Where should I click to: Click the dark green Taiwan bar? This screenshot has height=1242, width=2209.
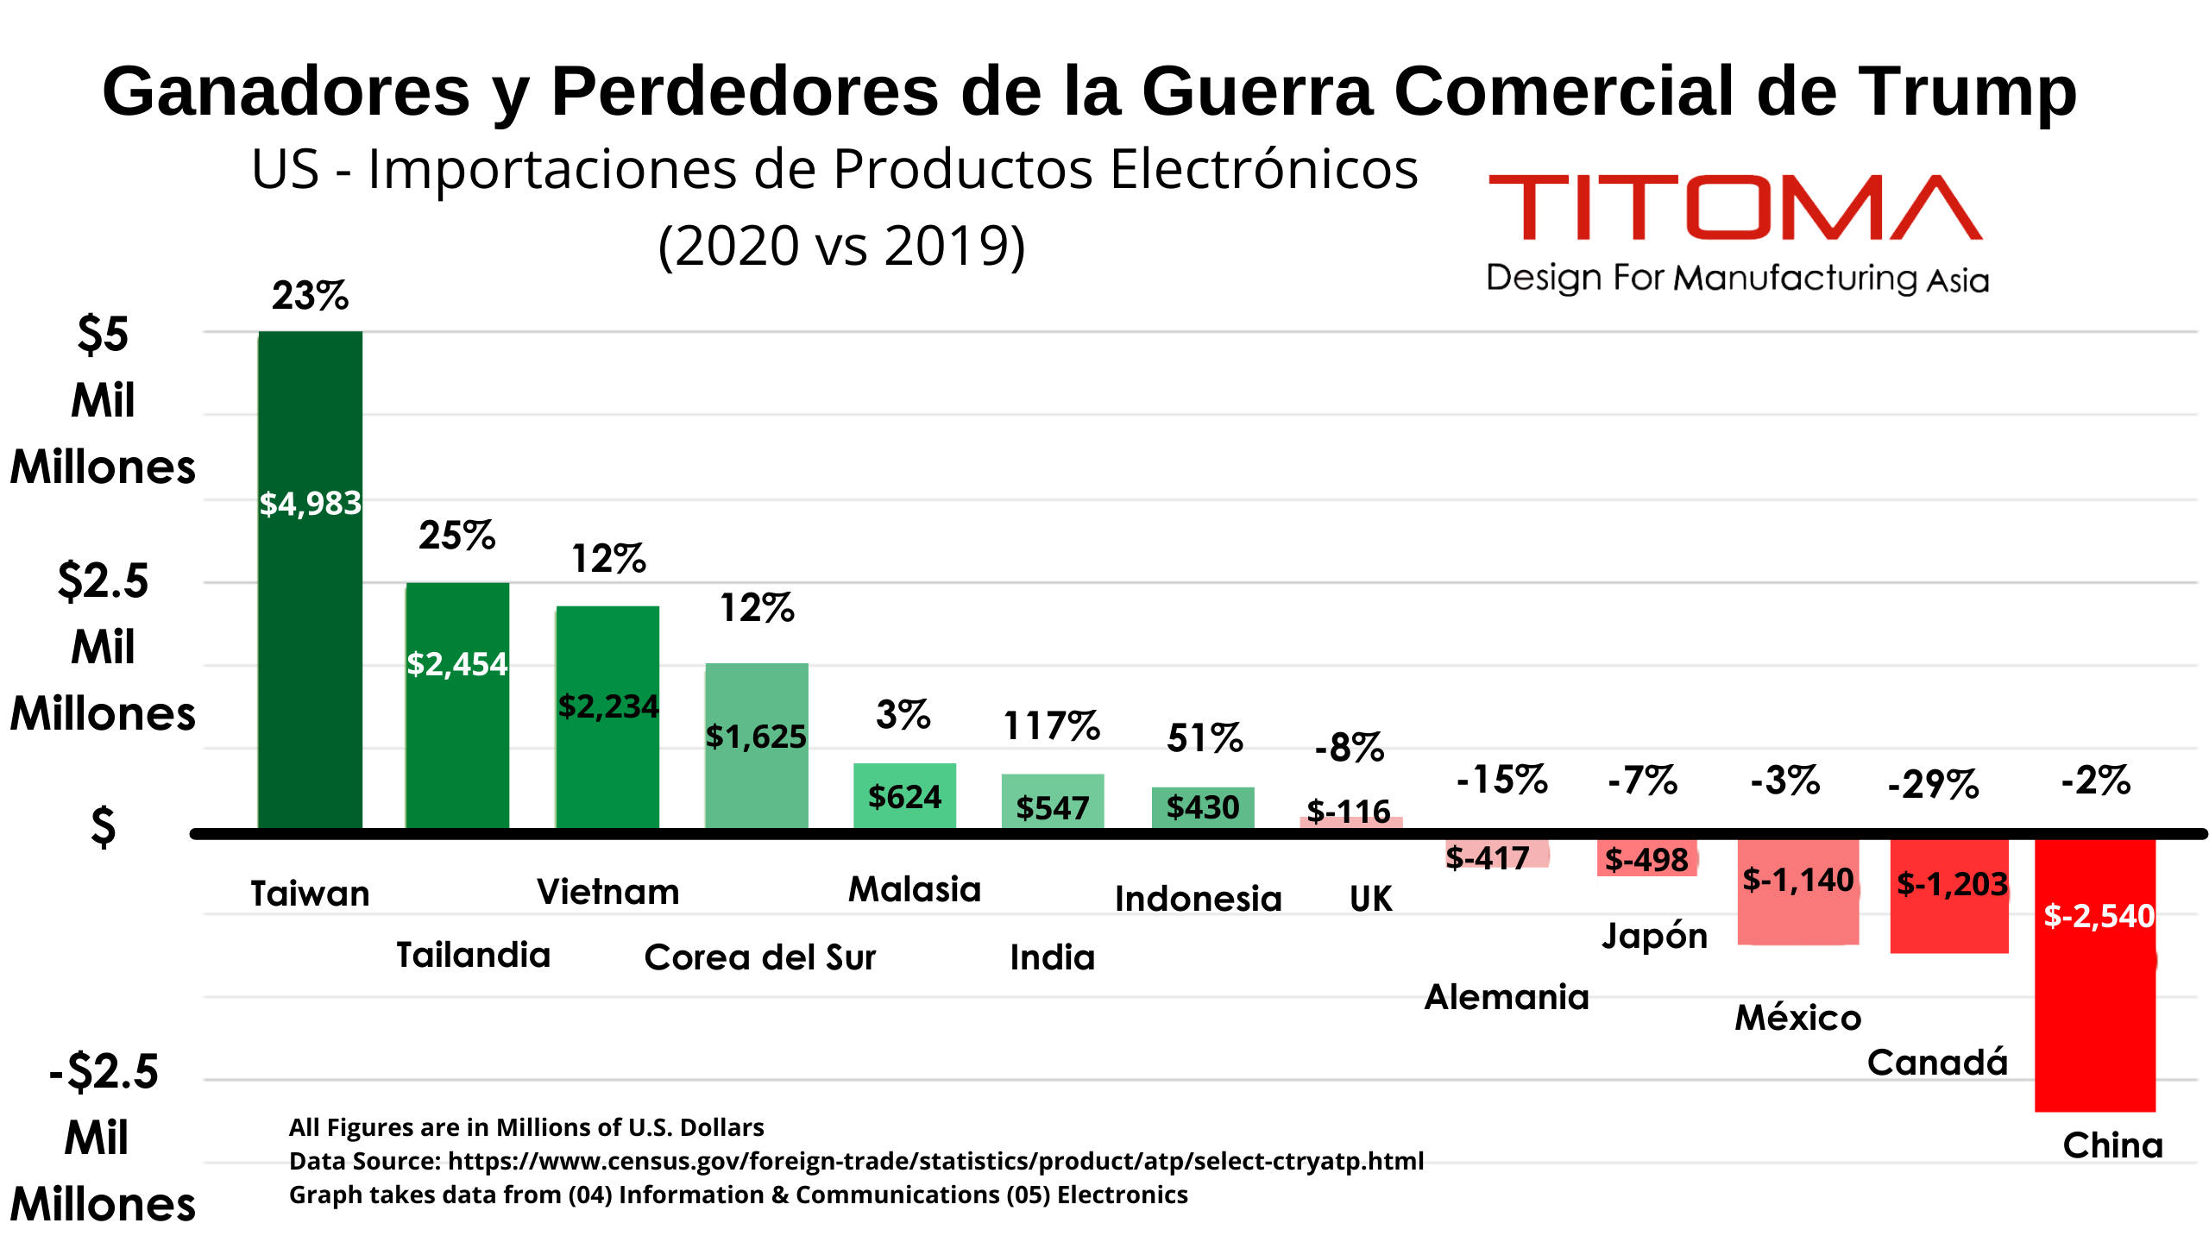[310, 604]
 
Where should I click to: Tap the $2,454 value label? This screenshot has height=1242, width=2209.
[456, 664]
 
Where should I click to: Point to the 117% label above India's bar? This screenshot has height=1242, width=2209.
[1051, 726]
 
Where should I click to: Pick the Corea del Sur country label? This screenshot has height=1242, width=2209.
[759, 957]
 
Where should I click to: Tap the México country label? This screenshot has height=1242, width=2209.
[1798, 1018]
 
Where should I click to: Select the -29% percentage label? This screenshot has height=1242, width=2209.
[1933, 785]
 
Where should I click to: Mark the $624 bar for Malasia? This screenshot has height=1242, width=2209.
[904, 796]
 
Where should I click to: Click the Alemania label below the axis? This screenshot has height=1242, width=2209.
[1506, 997]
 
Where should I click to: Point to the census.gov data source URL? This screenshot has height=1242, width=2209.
[935, 1161]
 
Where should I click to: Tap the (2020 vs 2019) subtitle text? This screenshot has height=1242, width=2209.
[841, 246]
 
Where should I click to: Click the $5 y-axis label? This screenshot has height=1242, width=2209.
[103, 335]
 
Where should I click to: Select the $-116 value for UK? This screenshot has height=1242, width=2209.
[1349, 812]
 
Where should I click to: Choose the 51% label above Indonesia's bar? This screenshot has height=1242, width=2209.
[1205, 738]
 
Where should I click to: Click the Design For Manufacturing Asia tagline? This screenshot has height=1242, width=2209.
[1736, 279]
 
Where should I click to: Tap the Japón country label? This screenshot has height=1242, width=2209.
[1654, 936]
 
